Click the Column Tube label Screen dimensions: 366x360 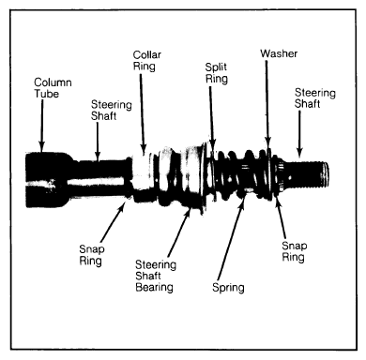(x=53, y=88)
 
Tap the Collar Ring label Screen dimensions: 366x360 (x=147, y=60)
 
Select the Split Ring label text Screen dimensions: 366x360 (x=216, y=73)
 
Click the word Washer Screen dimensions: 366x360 (x=279, y=53)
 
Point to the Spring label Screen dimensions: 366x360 (x=228, y=288)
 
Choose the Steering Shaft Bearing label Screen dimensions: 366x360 (x=156, y=276)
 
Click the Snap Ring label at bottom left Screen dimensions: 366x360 (x=91, y=255)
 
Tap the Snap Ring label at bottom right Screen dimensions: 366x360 (x=294, y=251)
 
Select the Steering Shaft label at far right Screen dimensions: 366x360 (x=314, y=98)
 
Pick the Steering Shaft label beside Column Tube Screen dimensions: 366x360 (x=111, y=111)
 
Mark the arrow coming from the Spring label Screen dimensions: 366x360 (x=231, y=239)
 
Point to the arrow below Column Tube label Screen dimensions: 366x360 (x=41, y=126)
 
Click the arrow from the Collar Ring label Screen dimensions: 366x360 (x=143, y=114)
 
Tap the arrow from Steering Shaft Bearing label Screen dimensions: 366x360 (x=179, y=232)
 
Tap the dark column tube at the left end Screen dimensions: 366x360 (x=47, y=180)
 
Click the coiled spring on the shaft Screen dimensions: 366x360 (x=241, y=174)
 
